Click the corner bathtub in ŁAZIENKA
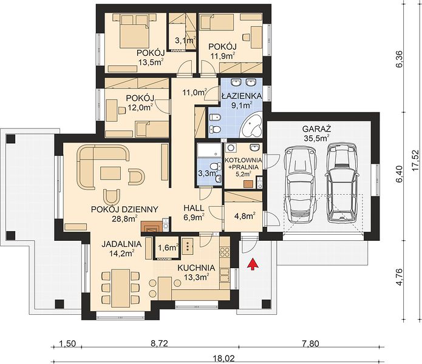pyautogui.click(x=253, y=126)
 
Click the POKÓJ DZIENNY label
pyautogui.click(x=124, y=209)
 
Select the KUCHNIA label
pyautogui.click(x=196, y=268)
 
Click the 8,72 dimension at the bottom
pyautogui.click(x=159, y=343)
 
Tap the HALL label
pyautogui.click(x=194, y=208)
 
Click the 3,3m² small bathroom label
pyautogui.click(x=208, y=173)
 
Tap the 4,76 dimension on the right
pyautogui.click(x=401, y=277)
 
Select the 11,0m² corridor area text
pyautogui.click(x=194, y=93)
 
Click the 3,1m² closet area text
pyautogui.click(x=185, y=40)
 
